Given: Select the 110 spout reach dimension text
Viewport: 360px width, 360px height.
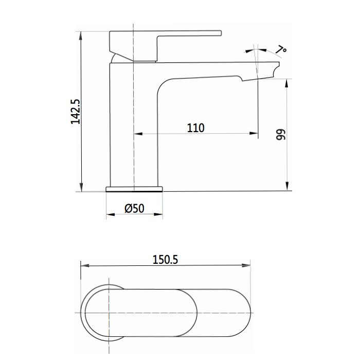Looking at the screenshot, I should (195, 128).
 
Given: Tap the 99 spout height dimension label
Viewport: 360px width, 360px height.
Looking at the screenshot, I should (280, 135).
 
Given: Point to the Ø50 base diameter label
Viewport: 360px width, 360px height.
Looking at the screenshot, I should (134, 208).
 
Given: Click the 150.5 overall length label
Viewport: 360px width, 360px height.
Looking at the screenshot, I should (165, 260).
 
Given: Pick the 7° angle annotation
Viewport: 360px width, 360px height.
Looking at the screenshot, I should (281, 50).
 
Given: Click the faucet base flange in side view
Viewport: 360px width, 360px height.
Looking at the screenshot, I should (134, 189).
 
